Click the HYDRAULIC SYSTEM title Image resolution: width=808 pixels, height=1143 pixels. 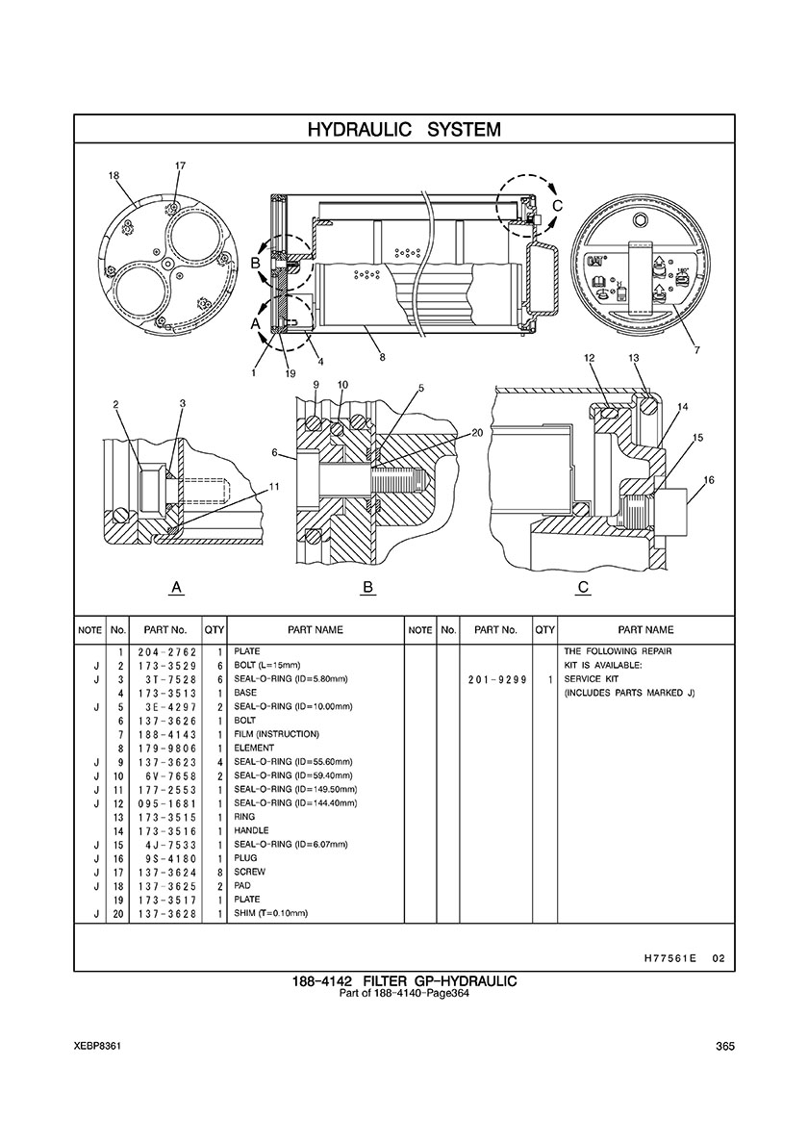point(404,130)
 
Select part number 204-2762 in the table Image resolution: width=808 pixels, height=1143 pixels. point(166,651)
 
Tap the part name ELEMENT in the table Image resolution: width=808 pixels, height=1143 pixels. point(254,748)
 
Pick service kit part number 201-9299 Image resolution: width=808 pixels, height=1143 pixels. point(496,679)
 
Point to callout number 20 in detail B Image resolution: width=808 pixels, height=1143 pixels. point(477,432)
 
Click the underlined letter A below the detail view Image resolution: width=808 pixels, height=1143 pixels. point(176,587)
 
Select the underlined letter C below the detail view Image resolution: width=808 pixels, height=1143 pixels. point(583,587)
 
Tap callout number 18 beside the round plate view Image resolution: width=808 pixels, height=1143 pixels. point(114,175)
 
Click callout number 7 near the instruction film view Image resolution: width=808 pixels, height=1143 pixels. point(697,350)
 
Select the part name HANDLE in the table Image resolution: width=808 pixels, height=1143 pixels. point(251,830)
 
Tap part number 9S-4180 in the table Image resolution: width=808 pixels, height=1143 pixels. point(166,858)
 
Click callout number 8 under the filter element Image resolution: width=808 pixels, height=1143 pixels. point(382,357)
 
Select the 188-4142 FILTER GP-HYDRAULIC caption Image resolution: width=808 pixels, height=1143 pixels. point(404,981)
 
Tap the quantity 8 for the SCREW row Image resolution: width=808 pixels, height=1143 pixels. point(219,872)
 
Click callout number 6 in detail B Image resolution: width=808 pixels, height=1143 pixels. point(275,453)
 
